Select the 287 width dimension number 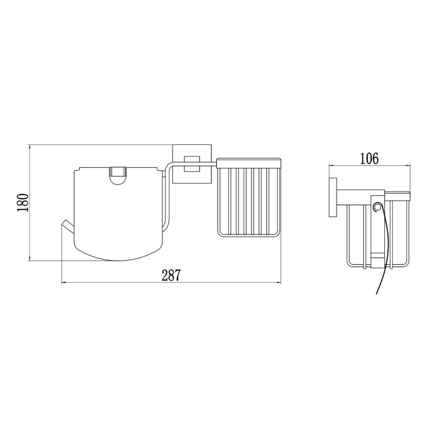tap(171, 275)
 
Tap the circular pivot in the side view tap(377, 207)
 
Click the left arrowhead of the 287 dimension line tap(63, 282)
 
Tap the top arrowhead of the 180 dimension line tap(29, 147)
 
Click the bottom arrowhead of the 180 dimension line tap(29, 259)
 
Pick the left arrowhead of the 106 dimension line tap(330, 165)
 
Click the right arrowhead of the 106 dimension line tap(408, 165)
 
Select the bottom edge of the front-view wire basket tap(249, 236)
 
